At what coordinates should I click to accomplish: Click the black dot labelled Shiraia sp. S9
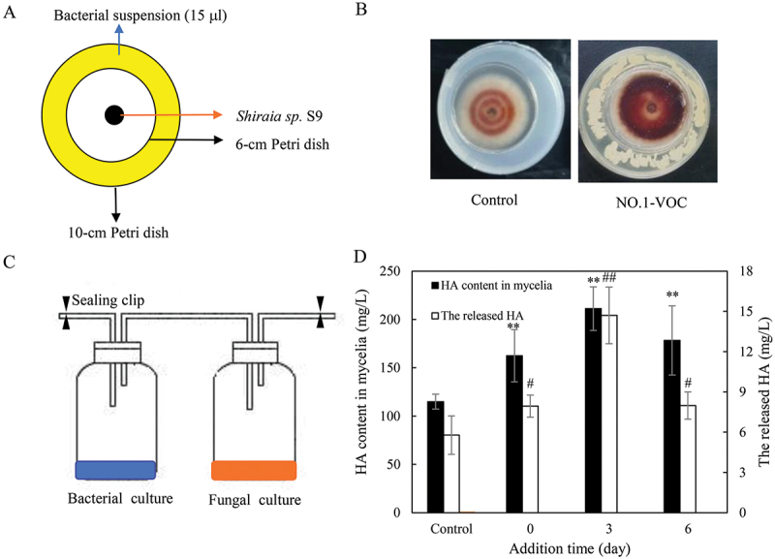coord(114,115)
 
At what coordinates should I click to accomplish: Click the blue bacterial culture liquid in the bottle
coord(115,470)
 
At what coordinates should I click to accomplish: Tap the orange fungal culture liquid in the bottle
coord(254,470)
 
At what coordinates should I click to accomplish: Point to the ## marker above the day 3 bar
coord(609,279)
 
